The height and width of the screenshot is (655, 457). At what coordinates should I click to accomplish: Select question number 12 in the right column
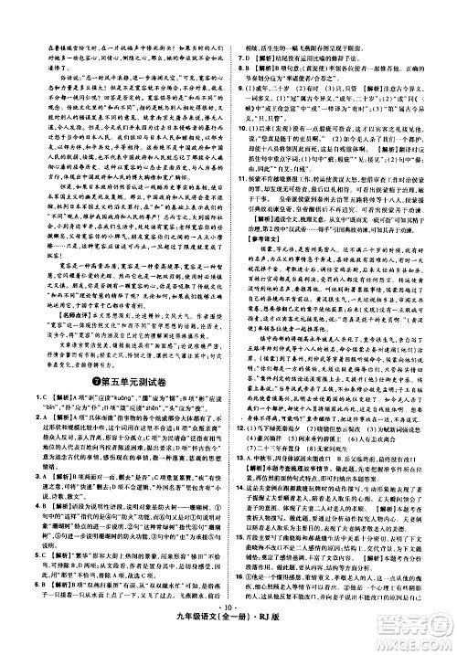click(x=242, y=475)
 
